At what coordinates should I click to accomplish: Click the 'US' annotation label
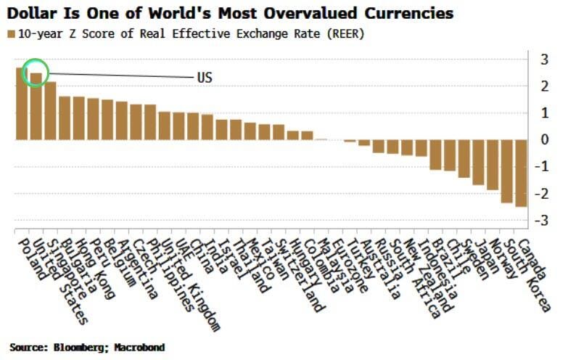(205, 78)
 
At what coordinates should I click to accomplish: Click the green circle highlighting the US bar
(36, 73)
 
